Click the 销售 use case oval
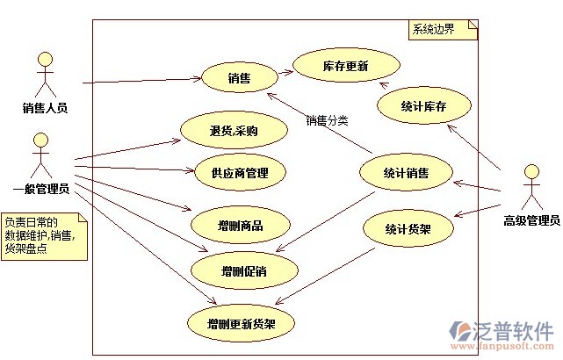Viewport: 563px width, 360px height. click(x=240, y=77)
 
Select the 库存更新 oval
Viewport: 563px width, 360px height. click(x=346, y=66)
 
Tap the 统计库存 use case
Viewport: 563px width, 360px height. click(x=423, y=106)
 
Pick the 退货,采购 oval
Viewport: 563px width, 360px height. click(x=234, y=131)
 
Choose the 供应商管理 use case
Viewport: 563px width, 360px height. click(x=240, y=173)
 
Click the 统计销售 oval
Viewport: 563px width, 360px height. click(x=406, y=173)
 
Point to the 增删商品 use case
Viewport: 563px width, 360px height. click(x=240, y=226)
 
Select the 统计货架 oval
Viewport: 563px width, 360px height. click(x=408, y=228)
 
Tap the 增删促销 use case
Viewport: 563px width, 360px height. click(x=244, y=270)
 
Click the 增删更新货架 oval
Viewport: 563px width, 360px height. click(x=241, y=324)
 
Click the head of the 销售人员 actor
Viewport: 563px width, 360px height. click(x=46, y=60)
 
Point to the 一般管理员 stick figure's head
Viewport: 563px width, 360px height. click(x=40, y=140)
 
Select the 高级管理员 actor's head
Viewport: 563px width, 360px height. click(x=531, y=171)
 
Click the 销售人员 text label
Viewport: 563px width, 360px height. click(x=46, y=108)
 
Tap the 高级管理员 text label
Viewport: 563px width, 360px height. click(x=531, y=220)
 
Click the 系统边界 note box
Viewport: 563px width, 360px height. click(x=444, y=30)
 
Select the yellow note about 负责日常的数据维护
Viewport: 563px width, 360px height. click(x=44, y=236)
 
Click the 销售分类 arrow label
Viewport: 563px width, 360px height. click(x=327, y=120)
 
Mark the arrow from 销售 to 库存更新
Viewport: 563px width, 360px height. click(x=285, y=73)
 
